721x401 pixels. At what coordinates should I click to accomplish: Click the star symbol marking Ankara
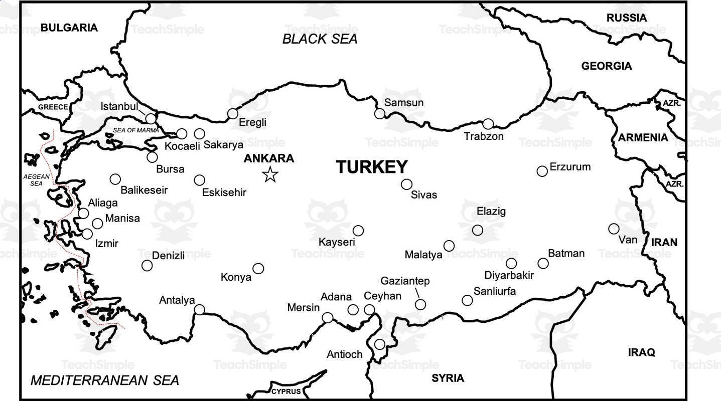pyautogui.click(x=270, y=174)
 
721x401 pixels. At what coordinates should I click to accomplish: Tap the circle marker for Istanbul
pyautogui.click(x=151, y=119)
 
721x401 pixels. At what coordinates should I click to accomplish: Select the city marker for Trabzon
pyautogui.click(x=488, y=124)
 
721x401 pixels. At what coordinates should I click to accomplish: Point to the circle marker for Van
pyautogui.click(x=614, y=229)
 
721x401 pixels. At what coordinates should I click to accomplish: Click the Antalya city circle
pyautogui.click(x=199, y=309)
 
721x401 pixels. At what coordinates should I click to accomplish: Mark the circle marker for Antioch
pyautogui.click(x=380, y=344)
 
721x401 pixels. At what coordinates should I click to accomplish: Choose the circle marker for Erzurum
pyautogui.click(x=542, y=171)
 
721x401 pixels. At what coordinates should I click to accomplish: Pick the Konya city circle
pyautogui.click(x=258, y=269)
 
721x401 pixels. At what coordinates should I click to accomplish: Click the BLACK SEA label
pyautogui.click(x=320, y=39)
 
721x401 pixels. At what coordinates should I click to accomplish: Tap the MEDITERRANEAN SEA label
pyautogui.click(x=105, y=380)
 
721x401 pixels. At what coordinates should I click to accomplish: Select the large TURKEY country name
pyautogui.click(x=372, y=167)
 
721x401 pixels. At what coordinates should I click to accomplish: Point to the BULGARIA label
pyautogui.click(x=69, y=28)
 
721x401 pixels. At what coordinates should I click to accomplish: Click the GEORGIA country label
pyautogui.click(x=607, y=66)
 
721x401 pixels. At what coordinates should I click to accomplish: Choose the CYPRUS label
pyautogui.click(x=286, y=391)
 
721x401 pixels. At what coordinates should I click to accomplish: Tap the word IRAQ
pyautogui.click(x=641, y=352)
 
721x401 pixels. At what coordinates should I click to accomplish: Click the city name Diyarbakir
pyautogui.click(x=509, y=275)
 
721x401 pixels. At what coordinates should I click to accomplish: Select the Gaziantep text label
pyautogui.click(x=405, y=281)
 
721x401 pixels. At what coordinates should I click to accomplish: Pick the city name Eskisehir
pyautogui.click(x=224, y=192)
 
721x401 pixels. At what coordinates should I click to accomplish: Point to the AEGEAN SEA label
pyautogui.click(x=37, y=180)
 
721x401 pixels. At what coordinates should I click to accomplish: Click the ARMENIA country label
pyautogui.click(x=643, y=138)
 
